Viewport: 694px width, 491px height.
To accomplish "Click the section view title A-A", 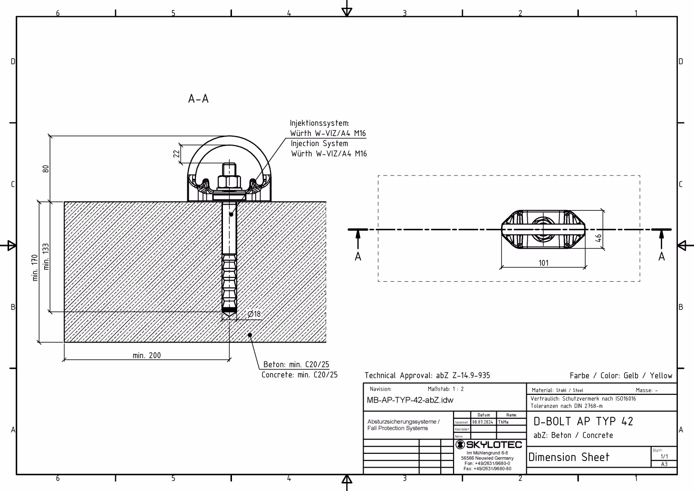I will [x=198, y=99].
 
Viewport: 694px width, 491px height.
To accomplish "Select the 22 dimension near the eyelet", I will [x=176, y=154].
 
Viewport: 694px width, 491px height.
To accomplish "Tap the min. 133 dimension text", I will [x=46, y=257].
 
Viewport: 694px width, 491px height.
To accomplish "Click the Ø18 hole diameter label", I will [x=254, y=314].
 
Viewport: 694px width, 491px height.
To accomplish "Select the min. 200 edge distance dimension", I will [x=146, y=355].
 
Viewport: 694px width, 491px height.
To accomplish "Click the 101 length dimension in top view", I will [x=543, y=263].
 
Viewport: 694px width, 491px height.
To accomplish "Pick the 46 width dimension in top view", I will [x=599, y=237].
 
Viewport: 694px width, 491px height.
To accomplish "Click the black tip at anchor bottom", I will [x=230, y=310].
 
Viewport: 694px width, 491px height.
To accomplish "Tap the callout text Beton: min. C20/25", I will [x=296, y=364].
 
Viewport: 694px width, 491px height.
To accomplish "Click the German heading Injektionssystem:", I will [x=319, y=123].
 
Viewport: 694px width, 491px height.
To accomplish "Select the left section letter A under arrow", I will [x=358, y=257].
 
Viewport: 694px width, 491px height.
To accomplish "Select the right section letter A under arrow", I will [x=661, y=257].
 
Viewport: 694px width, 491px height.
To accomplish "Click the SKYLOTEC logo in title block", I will [x=488, y=445].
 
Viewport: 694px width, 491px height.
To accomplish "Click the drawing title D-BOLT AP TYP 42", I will [x=583, y=422].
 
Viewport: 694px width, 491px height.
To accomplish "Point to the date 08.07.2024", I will [x=483, y=422].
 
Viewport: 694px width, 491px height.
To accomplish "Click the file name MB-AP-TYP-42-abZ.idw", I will [x=410, y=400].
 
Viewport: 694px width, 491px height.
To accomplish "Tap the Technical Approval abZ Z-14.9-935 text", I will [x=427, y=375].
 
